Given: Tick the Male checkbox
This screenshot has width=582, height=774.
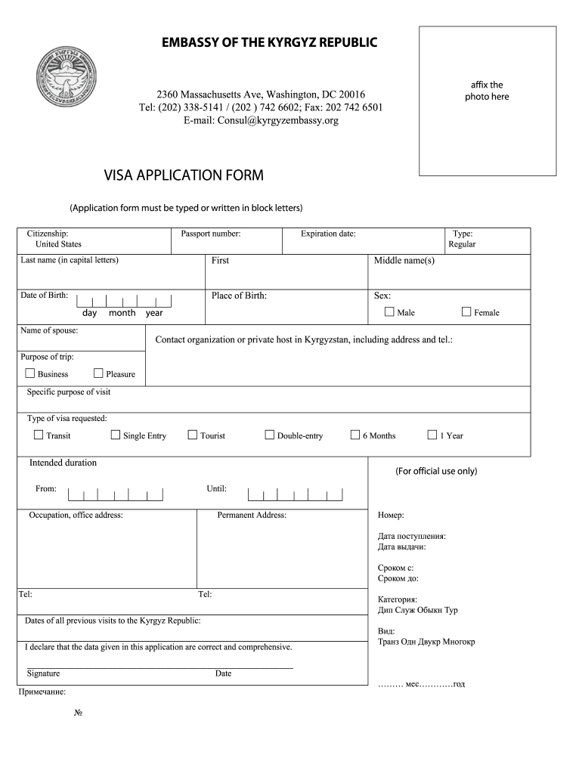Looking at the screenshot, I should [389, 311].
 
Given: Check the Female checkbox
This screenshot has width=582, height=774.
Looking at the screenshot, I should [466, 311].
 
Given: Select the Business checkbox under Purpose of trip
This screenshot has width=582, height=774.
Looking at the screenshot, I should [30, 373].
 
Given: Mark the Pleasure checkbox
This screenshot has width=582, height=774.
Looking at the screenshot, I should [98, 373].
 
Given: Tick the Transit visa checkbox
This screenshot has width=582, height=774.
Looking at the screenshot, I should [39, 435].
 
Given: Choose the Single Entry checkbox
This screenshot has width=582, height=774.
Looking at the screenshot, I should [116, 435].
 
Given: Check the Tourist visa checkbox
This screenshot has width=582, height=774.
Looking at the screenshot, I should [193, 435].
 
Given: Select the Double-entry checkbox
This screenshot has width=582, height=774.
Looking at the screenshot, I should [269, 435].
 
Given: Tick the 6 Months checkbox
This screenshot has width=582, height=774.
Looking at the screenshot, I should [355, 435].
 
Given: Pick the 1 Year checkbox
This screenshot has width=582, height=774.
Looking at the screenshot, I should [432, 435].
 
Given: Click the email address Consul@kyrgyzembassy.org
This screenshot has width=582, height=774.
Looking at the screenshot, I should [261, 120].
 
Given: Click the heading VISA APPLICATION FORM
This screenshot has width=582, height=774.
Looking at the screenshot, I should [184, 176].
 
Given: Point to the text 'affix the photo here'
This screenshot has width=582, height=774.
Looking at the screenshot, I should [487, 91].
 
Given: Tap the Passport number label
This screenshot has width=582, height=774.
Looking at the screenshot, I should [211, 234].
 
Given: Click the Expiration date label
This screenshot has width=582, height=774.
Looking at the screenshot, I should [328, 234].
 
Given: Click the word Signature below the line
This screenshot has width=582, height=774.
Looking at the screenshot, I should [43, 673].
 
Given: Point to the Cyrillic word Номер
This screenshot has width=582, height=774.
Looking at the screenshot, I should [391, 515].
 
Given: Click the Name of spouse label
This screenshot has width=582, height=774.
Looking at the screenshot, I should [49, 330].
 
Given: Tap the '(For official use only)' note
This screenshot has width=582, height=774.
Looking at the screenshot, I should [436, 471].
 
